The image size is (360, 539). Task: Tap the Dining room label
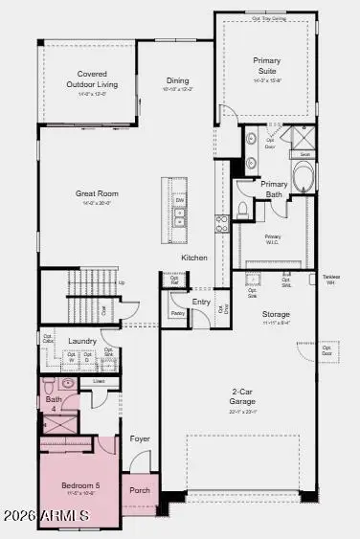pos(177,81)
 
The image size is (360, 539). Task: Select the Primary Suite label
pos(267,65)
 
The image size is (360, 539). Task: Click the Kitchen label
pos(195,258)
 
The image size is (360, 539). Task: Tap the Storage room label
pos(277,314)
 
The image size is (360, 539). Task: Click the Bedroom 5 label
pos(80,486)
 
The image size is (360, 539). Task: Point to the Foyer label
pos(141,439)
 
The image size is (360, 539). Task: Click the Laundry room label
pos(82,340)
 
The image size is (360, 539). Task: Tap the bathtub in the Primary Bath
pos(302,178)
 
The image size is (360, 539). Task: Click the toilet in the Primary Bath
pos(243,208)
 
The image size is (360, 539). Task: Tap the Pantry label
pos(177,312)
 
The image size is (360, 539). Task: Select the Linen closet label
pos(100,381)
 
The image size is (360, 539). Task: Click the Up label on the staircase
pos(122,282)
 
